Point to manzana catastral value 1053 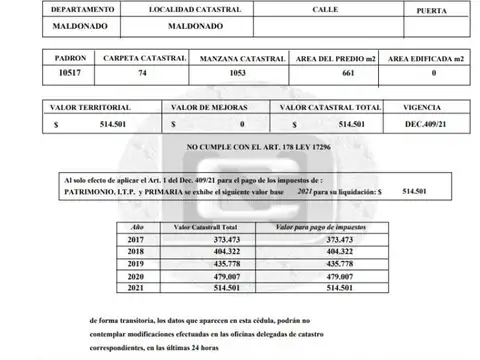[x=239, y=73]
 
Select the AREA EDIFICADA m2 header [x=426, y=58]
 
